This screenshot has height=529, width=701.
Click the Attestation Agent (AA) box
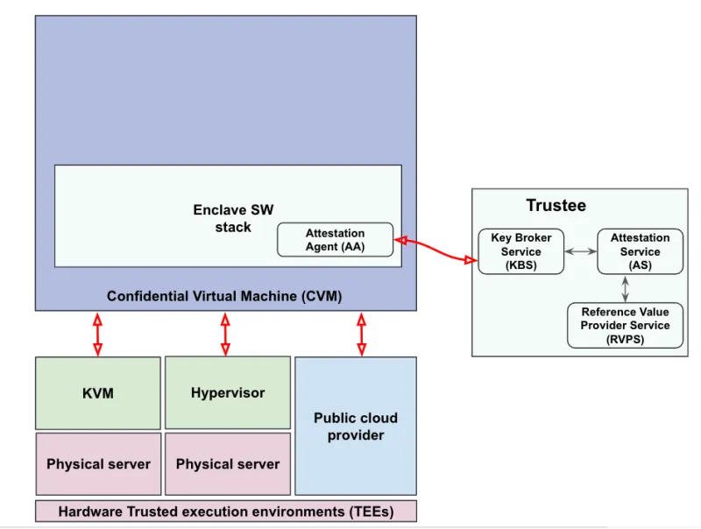click(x=335, y=239)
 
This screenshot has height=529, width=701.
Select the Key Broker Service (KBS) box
click(x=520, y=251)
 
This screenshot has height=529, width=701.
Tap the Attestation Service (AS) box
click(x=640, y=251)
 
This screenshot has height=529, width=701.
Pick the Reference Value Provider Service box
click(x=624, y=325)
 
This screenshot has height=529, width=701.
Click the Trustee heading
click(x=556, y=206)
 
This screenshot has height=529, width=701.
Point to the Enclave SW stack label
click(x=233, y=219)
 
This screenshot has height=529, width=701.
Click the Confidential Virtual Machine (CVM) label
click(x=224, y=296)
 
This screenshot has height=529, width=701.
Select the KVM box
click(x=97, y=392)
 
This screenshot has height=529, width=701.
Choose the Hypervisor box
click(x=227, y=392)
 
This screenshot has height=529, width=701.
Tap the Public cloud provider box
click(x=355, y=426)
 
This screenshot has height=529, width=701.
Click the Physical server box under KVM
click(x=98, y=463)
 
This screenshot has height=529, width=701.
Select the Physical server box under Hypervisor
click(x=227, y=463)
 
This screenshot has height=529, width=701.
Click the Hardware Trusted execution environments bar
click(x=225, y=511)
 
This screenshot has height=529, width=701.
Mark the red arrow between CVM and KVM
click(x=97, y=334)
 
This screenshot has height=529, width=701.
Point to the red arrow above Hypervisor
click(x=225, y=334)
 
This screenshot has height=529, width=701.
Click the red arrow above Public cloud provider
click(x=361, y=334)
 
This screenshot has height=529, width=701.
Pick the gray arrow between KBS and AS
click(x=580, y=251)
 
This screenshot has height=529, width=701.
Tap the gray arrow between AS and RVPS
click(x=625, y=288)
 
